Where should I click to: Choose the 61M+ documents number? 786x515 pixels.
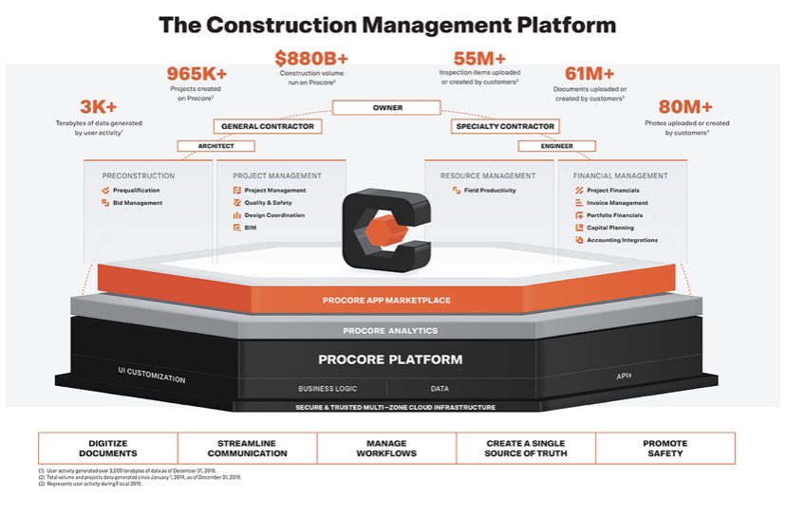click(x=589, y=74)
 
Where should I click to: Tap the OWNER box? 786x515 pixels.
click(x=387, y=108)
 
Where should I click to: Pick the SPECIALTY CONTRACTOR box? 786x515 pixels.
click(x=503, y=126)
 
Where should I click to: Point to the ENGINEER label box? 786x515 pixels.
click(x=556, y=146)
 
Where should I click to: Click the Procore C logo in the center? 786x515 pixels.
click(x=385, y=227)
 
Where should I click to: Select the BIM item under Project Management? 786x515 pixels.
click(x=251, y=228)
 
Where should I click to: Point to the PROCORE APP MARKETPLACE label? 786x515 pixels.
click(x=385, y=300)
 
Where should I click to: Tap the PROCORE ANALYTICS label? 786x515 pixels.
click(x=389, y=330)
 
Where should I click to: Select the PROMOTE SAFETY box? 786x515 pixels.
click(x=664, y=448)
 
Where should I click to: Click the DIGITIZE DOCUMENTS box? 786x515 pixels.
click(x=107, y=448)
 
